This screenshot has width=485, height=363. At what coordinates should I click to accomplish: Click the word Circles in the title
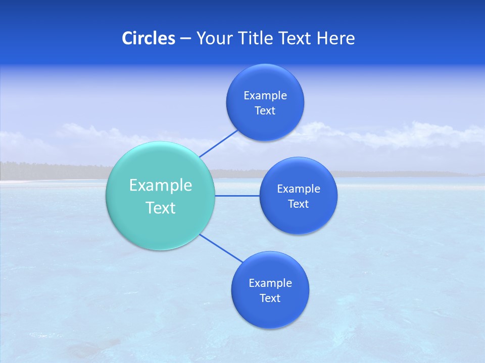148,38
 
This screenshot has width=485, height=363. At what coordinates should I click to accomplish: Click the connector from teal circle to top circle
219,143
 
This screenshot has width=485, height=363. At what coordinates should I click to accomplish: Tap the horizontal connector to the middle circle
237,196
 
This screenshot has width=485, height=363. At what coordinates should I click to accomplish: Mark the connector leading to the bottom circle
220,248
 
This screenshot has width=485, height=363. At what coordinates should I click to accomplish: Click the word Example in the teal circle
161,186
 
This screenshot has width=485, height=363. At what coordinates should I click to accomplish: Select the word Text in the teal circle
161,208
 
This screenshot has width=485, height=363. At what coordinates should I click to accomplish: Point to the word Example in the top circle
265,96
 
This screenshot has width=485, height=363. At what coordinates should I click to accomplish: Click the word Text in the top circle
265,111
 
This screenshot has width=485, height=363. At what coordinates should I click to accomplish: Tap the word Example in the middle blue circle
299,189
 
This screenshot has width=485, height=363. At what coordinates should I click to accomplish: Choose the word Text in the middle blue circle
298,204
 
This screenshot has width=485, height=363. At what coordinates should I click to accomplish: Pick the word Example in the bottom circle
270,283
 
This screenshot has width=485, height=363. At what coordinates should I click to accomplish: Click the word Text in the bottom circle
270,298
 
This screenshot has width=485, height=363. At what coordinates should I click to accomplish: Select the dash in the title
185,39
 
